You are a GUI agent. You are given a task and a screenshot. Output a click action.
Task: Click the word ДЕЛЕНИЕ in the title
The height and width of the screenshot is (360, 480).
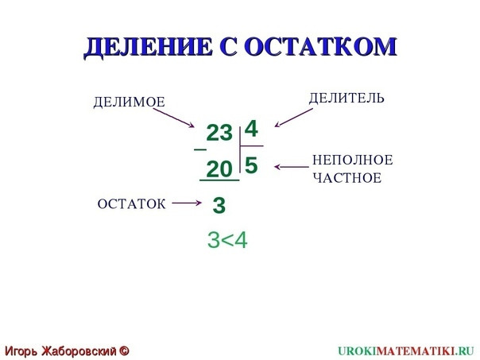pyautogui.click(x=148, y=48)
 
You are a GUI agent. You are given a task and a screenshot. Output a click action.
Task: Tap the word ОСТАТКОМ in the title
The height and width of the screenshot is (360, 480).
pyautogui.click(x=321, y=47)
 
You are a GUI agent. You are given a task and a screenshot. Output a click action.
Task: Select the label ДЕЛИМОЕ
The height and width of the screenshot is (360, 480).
pyautogui.click(x=130, y=102)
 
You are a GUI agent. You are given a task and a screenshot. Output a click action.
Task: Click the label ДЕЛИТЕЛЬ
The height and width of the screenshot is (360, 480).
pyautogui.click(x=346, y=98)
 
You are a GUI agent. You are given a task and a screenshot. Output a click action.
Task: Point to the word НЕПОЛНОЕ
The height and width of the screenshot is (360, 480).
pyautogui.click(x=353, y=160)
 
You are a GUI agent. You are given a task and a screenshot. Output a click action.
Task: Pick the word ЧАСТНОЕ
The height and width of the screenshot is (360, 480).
pyautogui.click(x=347, y=178)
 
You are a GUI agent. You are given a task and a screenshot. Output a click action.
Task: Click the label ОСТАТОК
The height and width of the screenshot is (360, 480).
pyautogui.click(x=132, y=204)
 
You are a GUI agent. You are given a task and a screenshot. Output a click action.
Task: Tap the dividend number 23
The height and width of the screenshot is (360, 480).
pyautogui.click(x=219, y=134)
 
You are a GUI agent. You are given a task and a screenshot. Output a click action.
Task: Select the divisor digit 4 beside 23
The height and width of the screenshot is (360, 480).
pyautogui.click(x=251, y=129)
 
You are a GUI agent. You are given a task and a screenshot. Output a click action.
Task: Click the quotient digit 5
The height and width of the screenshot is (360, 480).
pyautogui.click(x=251, y=165)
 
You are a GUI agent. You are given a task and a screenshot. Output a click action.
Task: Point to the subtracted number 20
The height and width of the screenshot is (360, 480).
pyautogui.click(x=219, y=169)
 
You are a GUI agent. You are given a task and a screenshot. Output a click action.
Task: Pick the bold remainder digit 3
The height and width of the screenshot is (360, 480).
pyautogui.click(x=219, y=205)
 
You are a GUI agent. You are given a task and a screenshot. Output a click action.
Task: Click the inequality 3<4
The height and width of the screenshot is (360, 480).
pyautogui.click(x=227, y=240)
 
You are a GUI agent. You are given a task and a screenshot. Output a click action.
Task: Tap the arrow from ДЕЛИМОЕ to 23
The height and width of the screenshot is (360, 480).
pyautogui.click(x=174, y=118)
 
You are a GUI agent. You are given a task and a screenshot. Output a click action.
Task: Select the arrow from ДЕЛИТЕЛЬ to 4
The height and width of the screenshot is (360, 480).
pyautogui.click(x=293, y=118)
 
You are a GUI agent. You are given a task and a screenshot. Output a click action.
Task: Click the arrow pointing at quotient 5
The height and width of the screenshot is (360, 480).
pyautogui.click(x=292, y=167)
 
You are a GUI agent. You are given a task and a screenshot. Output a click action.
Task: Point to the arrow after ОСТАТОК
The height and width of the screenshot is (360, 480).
pyautogui.click(x=187, y=203)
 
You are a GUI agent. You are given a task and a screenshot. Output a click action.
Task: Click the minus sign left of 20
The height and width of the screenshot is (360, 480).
pyautogui.click(x=200, y=149)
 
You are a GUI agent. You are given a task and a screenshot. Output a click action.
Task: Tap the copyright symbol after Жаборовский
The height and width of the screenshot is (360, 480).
pyautogui.click(x=124, y=350)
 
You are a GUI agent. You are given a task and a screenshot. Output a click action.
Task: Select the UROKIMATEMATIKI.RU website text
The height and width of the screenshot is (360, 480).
pyautogui.click(x=406, y=350)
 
